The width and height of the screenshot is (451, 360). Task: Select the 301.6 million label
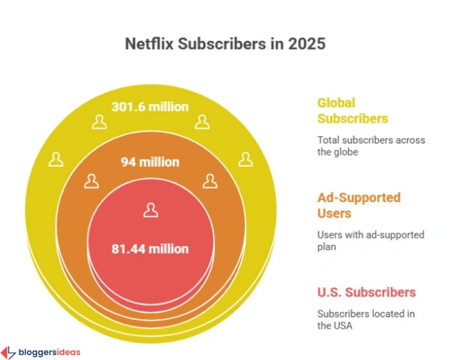coord(150,107)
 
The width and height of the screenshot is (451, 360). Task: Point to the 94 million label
coord(150,162)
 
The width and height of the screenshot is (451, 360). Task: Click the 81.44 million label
coord(150,248)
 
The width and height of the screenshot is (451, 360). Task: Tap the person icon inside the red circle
coord(150,210)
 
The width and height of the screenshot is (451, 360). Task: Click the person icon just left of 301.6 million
coord(99,122)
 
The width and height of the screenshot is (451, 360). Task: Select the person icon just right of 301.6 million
coord(201,122)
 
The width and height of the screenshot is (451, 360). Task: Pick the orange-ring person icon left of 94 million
coord(91,181)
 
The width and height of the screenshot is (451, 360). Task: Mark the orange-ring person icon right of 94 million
coord(210,181)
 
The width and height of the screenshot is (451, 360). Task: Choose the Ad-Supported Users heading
coord(359,205)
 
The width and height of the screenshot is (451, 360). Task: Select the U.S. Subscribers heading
coord(366,292)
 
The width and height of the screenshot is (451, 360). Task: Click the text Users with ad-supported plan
coord(371,240)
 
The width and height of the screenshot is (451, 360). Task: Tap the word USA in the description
coord(345,326)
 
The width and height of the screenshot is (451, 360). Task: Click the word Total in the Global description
coord(328,140)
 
